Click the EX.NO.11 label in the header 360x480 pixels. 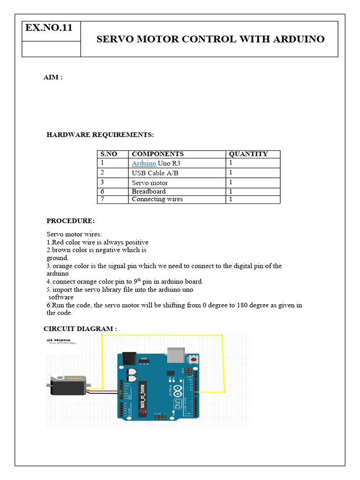point(49,28)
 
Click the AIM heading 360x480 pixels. point(52,77)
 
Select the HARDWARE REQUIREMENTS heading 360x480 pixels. point(100,135)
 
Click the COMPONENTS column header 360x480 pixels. point(157,154)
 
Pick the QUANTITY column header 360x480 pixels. point(248,154)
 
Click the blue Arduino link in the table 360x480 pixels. point(144,163)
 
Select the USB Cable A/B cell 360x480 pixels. point(155,173)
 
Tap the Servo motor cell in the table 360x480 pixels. point(150,183)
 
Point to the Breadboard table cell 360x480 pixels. point(149,191)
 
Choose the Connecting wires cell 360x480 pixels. point(157,199)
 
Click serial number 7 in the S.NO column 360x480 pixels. point(102,199)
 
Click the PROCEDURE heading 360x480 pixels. point(70,221)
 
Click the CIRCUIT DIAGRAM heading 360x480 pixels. point(80,329)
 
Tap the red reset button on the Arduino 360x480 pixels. point(193,360)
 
